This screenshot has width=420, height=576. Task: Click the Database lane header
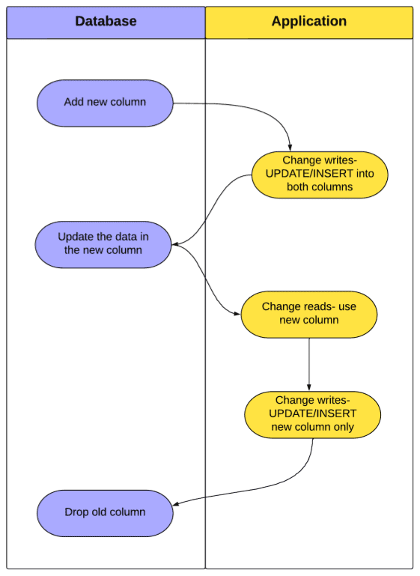106,22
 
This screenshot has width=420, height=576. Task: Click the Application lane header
309,22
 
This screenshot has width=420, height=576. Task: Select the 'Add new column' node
105,103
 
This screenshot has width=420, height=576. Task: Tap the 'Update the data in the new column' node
103,245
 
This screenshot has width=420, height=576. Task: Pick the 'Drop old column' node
105,513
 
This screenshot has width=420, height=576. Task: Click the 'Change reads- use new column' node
309,315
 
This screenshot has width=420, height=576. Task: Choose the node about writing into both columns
320,175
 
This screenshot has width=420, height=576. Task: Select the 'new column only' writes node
313,415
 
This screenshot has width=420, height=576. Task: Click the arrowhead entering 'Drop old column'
176,503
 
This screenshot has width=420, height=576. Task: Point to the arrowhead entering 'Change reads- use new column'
237,314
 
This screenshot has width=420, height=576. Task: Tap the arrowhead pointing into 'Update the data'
174,244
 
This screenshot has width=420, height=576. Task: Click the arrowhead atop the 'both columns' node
290,148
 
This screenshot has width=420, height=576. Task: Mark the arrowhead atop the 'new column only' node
309,388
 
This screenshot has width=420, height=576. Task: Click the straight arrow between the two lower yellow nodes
309,365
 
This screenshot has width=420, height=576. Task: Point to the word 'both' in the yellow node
297,187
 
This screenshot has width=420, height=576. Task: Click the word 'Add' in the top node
72,102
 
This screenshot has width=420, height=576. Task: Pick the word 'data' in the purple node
127,237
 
